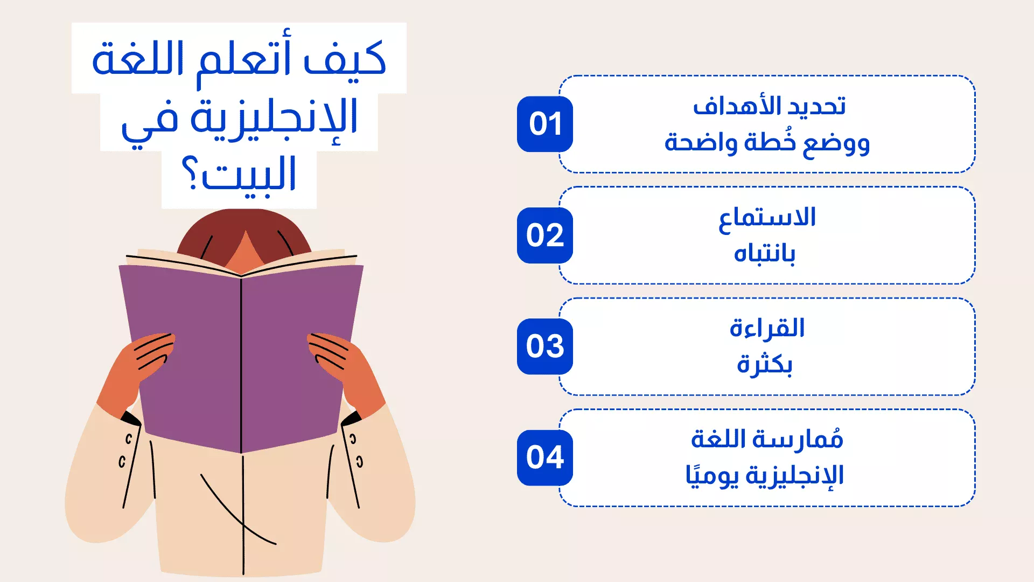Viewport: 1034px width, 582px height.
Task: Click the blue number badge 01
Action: pyautogui.click(x=544, y=124)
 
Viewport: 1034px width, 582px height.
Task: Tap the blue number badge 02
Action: pyautogui.click(x=544, y=235)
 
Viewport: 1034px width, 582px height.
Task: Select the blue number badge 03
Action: pyautogui.click(x=544, y=347)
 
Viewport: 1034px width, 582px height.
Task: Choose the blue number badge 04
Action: pyautogui.click(x=544, y=458)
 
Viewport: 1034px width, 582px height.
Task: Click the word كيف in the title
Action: pyautogui.click(x=345, y=58)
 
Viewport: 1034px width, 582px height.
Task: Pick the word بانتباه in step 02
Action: pyautogui.click(x=764, y=253)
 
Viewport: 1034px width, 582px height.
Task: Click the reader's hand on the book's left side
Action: pyautogui.click(x=137, y=372)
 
